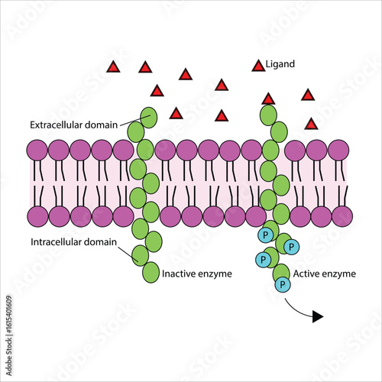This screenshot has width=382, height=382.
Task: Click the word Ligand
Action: (280, 66)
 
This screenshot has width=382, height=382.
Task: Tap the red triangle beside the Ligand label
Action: (259, 66)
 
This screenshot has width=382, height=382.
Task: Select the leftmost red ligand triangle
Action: (113, 67)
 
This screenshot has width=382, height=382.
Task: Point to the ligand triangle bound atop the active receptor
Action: (268, 99)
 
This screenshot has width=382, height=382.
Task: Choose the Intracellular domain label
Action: (73, 242)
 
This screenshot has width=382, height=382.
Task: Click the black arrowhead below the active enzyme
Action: (317, 316)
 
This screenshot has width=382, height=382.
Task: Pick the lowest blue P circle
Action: (282, 285)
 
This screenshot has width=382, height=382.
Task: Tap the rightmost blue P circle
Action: (293, 246)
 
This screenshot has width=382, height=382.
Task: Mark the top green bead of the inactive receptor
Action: (147, 117)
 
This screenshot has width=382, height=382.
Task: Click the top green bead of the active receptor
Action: (268, 116)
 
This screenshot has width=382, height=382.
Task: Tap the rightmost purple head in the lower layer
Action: (342, 216)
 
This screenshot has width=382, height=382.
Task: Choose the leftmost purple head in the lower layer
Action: (37, 216)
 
